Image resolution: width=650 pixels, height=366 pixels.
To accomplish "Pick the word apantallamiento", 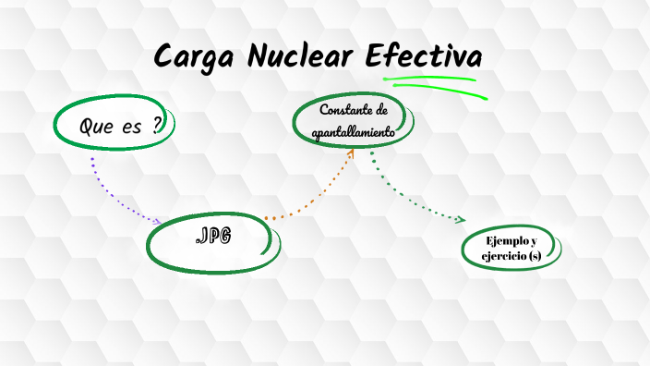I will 354,132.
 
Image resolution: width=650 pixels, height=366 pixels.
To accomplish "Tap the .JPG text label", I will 213,237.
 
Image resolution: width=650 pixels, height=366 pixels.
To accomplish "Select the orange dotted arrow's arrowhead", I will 351,153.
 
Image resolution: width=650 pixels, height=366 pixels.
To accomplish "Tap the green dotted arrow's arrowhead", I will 461,219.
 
